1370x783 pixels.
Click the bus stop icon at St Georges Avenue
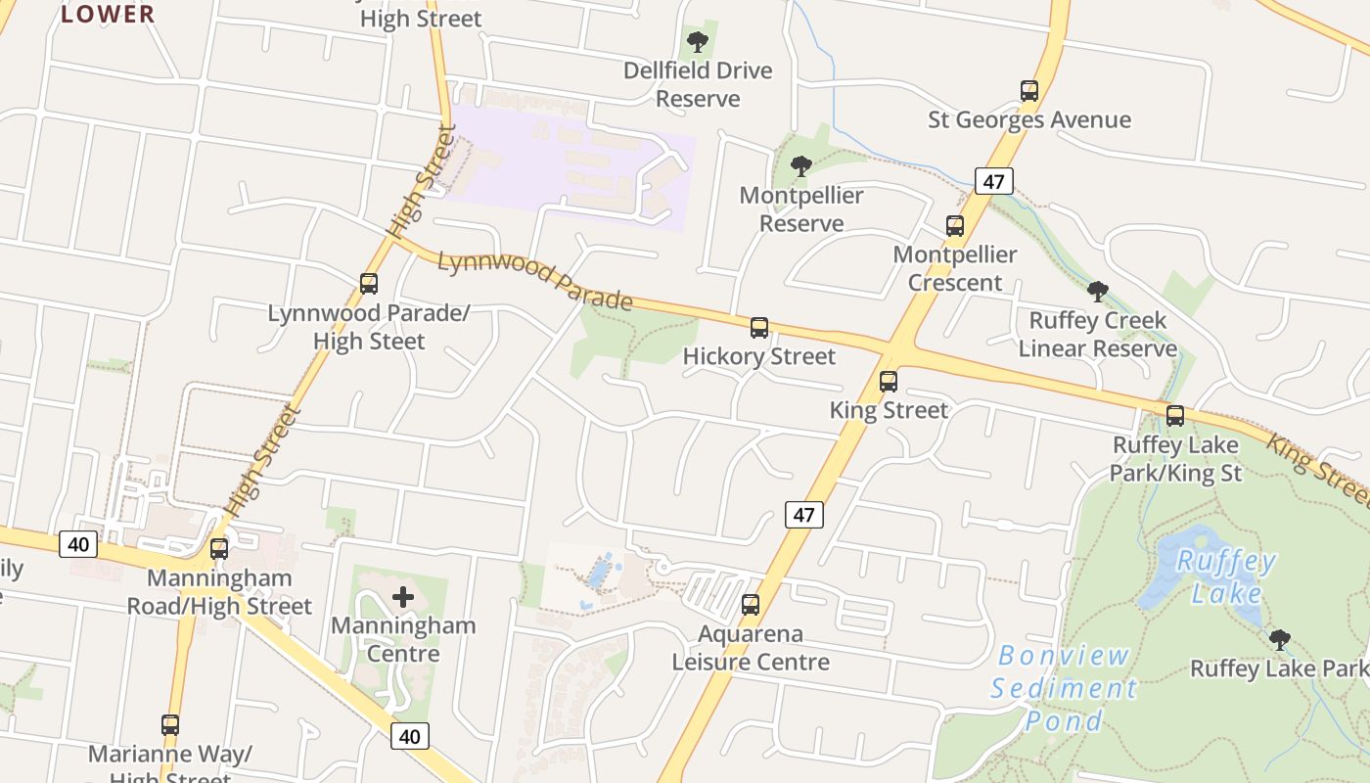click(x=1028, y=91)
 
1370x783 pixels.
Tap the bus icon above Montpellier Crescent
click(x=955, y=226)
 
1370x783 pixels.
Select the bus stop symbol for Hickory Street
click(x=759, y=328)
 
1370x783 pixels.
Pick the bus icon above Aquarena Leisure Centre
click(x=751, y=605)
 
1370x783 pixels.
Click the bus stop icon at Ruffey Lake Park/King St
click(x=1175, y=416)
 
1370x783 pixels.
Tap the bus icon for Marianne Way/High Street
click(x=170, y=725)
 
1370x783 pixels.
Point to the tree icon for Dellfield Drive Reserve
click(x=698, y=42)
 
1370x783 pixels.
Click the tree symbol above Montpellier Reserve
click(x=801, y=166)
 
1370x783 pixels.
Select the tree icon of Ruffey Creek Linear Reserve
click(x=1098, y=292)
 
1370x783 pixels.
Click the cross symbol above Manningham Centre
click(x=403, y=597)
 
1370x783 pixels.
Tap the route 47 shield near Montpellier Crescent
click(x=993, y=181)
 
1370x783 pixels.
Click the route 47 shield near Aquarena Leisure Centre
click(x=803, y=515)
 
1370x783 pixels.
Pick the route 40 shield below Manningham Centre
click(x=410, y=736)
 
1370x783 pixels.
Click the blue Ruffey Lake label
click(x=1226, y=577)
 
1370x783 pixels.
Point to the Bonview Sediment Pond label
click(x=1064, y=688)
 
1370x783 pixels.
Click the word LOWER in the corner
click(x=108, y=14)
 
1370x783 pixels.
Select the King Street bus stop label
click(x=889, y=410)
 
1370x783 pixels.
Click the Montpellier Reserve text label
click(x=801, y=209)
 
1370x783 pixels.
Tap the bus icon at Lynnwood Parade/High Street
click(x=369, y=284)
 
